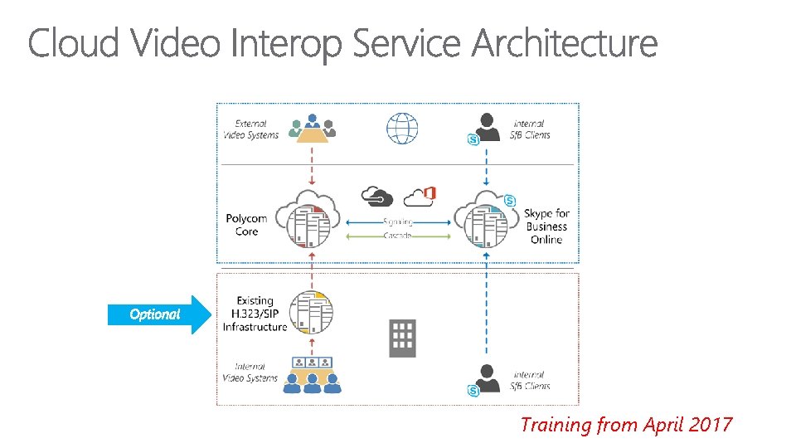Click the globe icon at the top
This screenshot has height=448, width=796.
coord(401,129)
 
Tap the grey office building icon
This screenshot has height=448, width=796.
coord(402,338)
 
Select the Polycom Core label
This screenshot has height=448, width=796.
coord(246,225)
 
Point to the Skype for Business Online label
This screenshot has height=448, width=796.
coord(546,226)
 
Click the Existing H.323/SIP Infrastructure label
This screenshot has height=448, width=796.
coord(255,314)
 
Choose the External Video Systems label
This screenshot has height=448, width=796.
coord(250,129)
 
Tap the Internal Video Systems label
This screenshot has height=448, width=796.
coord(250,373)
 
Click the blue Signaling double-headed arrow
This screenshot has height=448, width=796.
coord(397,222)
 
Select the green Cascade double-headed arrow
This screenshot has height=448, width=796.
coord(397,236)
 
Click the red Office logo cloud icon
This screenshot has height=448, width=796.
coord(420,196)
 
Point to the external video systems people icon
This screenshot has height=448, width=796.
coord(312,127)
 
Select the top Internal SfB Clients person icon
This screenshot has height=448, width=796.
coord(487,127)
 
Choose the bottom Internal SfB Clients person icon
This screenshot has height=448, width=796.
coord(487,379)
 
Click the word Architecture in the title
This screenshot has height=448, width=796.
coord(565,43)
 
